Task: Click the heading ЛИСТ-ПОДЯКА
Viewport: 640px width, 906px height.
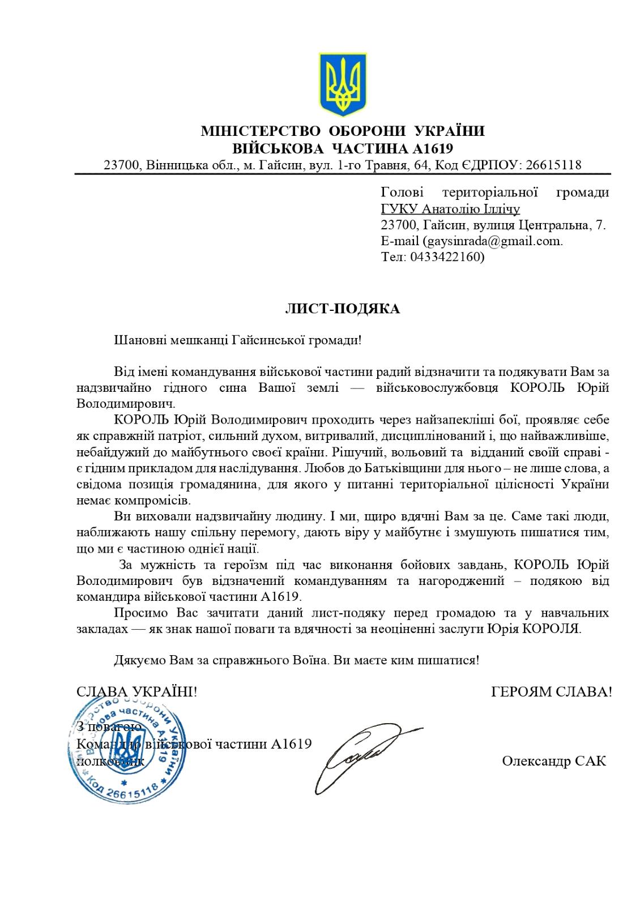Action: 342,309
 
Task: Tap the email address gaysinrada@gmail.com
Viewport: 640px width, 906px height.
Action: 492,241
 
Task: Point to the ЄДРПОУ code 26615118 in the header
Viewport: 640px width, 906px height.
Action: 553,165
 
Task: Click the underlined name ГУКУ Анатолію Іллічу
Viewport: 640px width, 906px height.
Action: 450,209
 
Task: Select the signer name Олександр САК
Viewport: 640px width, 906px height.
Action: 553,760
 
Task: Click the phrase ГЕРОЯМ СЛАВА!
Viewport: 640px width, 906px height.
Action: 551,691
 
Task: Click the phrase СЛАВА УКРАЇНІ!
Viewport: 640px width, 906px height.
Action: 136,691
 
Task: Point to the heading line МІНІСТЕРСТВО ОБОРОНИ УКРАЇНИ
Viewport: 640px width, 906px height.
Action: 343,131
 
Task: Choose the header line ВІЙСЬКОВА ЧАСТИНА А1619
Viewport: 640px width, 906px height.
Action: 343,148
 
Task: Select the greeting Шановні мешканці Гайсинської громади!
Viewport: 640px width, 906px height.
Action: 237,340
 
